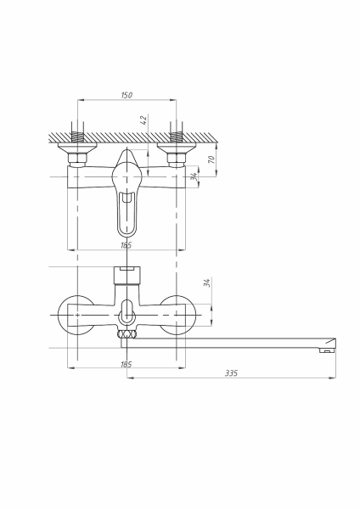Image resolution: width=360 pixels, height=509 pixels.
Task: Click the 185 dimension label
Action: (x=127, y=364)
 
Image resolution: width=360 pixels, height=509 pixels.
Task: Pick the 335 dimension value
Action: (x=232, y=372)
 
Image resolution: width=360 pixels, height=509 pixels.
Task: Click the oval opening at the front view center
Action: (x=127, y=311)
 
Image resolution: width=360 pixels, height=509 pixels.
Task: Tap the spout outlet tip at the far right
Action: (x=325, y=349)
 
